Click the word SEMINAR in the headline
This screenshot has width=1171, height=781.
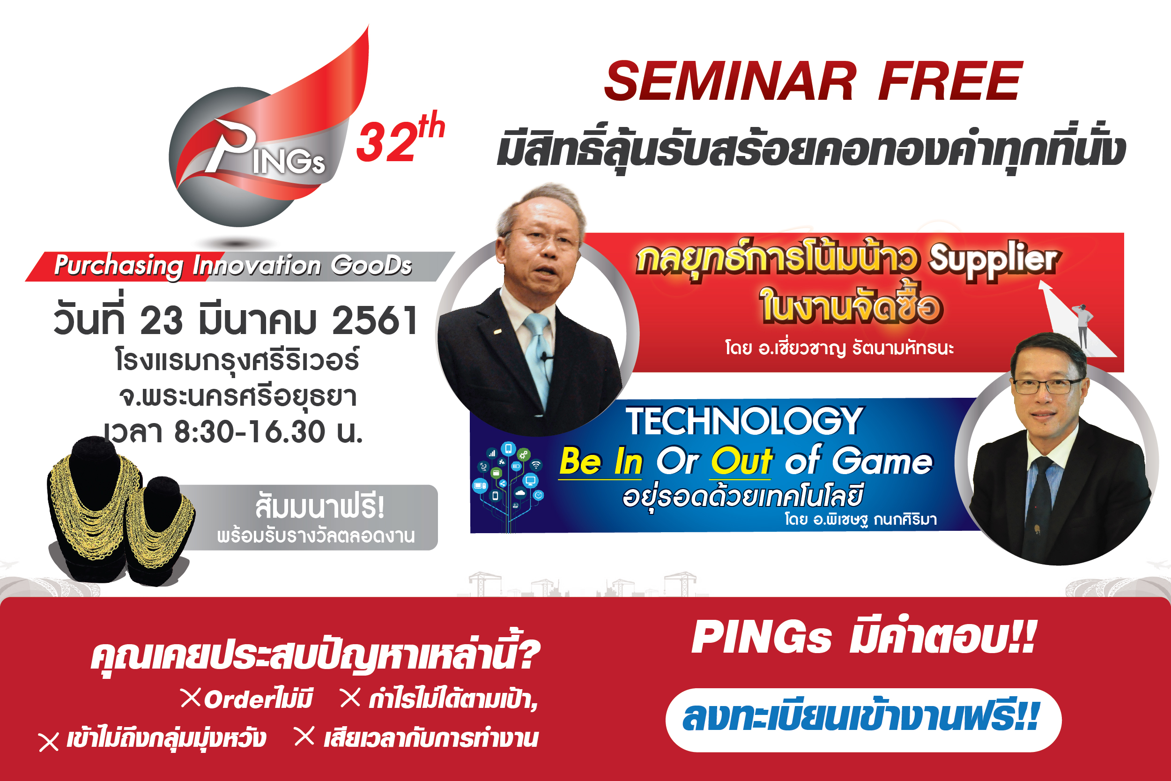pyautogui.click(x=730, y=81)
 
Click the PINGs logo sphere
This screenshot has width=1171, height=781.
pyautogui.click(x=259, y=157)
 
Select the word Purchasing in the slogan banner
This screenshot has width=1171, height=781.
pyautogui.click(x=119, y=266)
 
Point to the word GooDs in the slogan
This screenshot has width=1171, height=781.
pyautogui.click(x=371, y=265)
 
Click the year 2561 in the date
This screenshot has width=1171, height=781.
pyautogui.click(x=375, y=320)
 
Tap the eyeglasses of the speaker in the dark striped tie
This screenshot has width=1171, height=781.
pyautogui.click(x=1046, y=387)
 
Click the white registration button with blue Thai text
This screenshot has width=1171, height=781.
pyautogui.click(x=863, y=720)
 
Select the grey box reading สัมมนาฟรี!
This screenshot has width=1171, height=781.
pyautogui.click(x=309, y=518)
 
